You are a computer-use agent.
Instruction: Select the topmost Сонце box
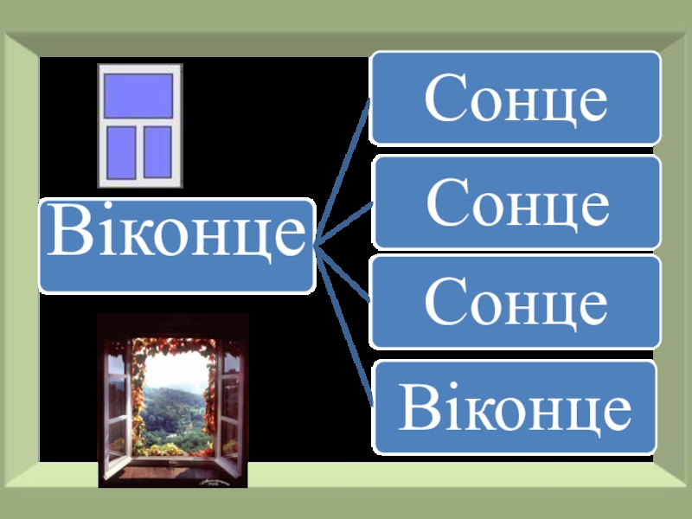[516, 98]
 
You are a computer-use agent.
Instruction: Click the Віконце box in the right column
[516, 407]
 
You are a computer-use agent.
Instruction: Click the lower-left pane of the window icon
[120, 151]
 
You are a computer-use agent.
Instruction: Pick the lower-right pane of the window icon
[157, 151]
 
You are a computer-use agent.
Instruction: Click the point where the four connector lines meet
[317, 245]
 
